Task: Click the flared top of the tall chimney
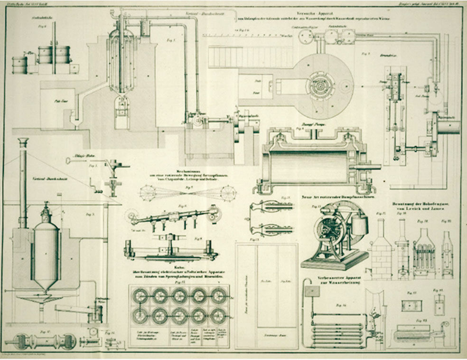23,142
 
